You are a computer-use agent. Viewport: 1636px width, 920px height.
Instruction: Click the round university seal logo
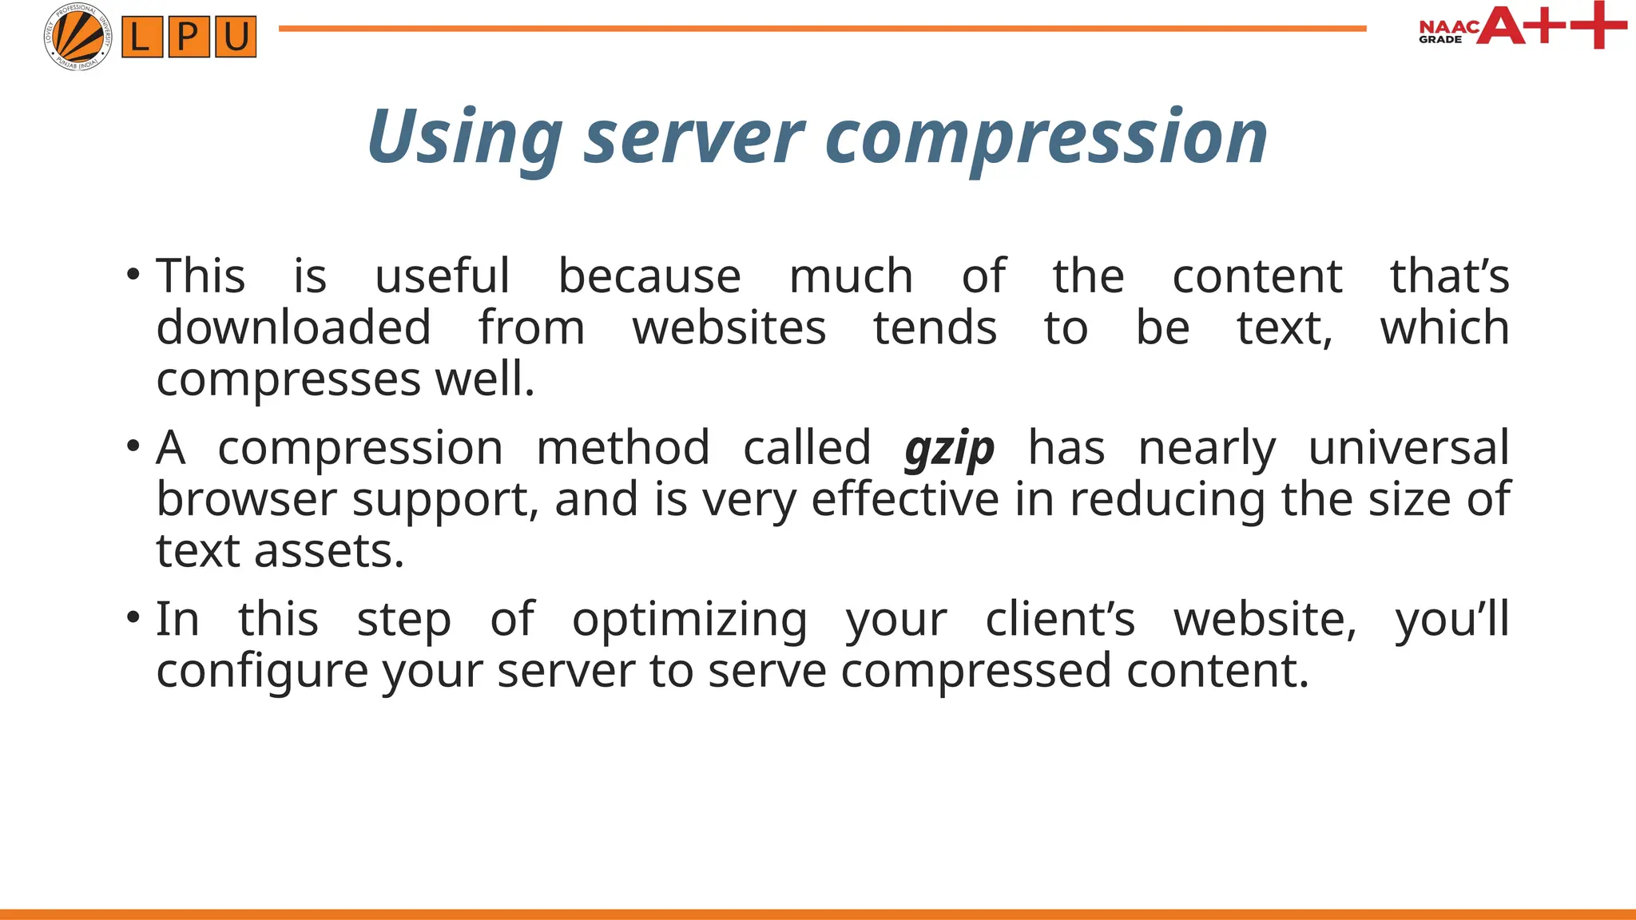tap(77, 37)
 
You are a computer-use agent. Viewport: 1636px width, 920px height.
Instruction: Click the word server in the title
tap(693, 137)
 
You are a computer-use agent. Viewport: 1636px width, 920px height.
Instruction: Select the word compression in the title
tap(1046, 137)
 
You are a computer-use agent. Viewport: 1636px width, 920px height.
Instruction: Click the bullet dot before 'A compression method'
tap(133, 446)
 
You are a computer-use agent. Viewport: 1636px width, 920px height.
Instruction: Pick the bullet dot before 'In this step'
tap(133, 617)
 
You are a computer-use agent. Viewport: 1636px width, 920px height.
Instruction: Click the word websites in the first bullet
tap(729, 328)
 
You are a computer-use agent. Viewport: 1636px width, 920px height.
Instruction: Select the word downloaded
tap(293, 328)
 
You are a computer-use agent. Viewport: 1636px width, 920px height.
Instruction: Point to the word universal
tap(1408, 447)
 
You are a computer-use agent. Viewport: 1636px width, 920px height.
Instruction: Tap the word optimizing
tap(689, 620)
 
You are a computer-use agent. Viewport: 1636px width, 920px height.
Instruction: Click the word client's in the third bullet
tap(1059, 619)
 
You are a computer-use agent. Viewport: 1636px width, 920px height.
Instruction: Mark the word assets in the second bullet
tap(328, 551)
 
